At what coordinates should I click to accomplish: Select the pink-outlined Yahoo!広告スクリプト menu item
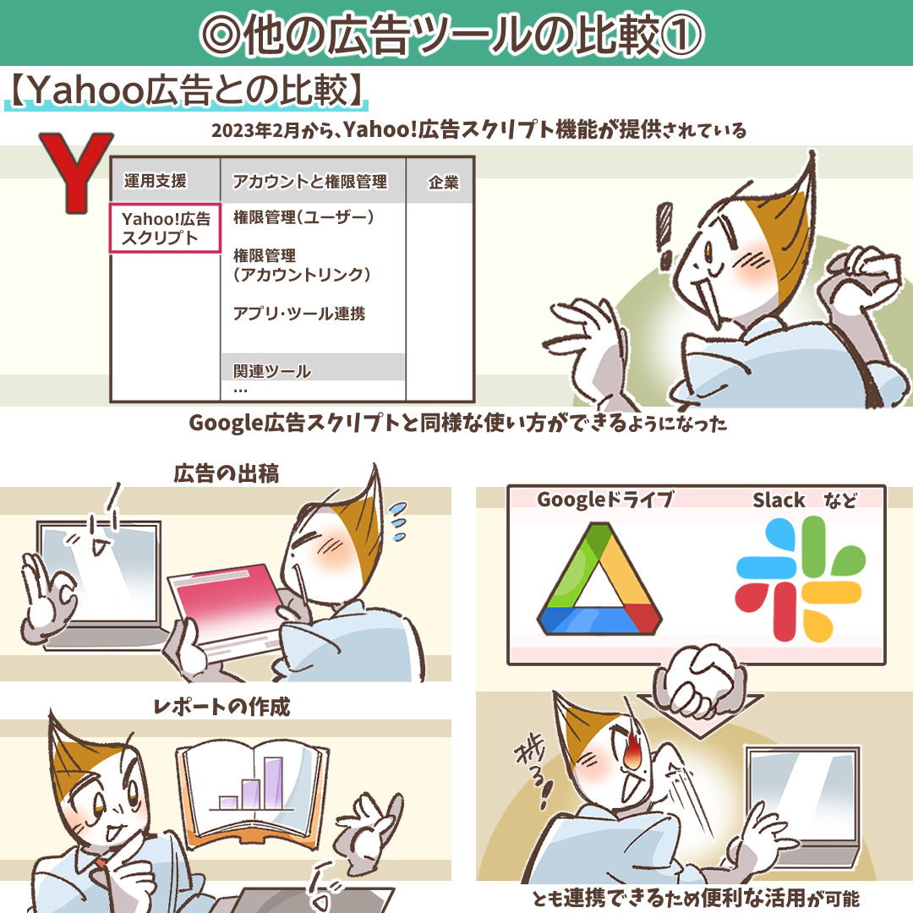pos(166,228)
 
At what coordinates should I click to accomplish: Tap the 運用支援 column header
pos(155,181)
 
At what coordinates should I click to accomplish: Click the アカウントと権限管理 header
pos(309,182)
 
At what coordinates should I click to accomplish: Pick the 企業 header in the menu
pos(443,183)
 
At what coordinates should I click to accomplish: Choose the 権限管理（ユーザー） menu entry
pos(303,217)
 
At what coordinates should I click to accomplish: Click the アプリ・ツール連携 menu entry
pos(299,314)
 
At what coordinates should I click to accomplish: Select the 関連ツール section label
pos(272,371)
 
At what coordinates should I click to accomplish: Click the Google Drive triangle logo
pos(599,579)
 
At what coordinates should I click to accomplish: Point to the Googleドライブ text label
pos(605,500)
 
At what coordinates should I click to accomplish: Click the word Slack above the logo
pos(779,500)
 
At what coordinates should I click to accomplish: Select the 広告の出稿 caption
pos(227,473)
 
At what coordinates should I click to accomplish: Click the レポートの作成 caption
pos(221,706)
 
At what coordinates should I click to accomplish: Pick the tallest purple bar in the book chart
pos(273,783)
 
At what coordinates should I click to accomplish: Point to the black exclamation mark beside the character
pos(664,236)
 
